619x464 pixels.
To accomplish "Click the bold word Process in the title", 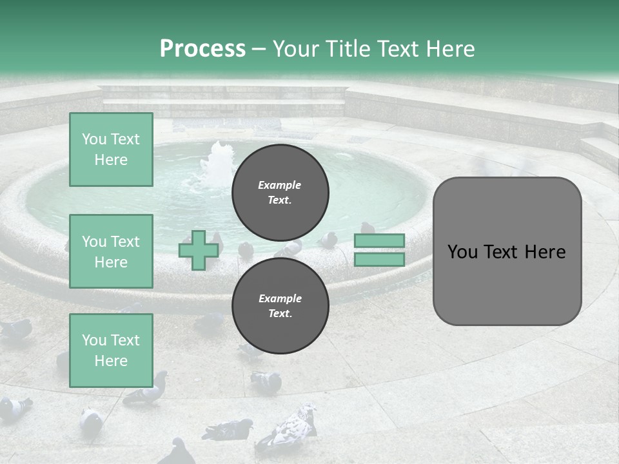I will pos(202,48).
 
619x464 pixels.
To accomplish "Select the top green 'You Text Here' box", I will pos(111,150).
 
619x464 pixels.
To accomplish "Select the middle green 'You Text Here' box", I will pos(111,251).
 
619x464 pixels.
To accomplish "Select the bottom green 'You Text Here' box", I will pos(111,351).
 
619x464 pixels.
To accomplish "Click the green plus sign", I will pos(198,251).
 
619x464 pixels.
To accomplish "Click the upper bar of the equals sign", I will pos(380,240).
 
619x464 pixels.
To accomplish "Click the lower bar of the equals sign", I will pos(380,260).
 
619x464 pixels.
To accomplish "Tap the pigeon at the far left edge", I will pos(14,329).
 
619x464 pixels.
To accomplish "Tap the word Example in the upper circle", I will pos(279,185).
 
